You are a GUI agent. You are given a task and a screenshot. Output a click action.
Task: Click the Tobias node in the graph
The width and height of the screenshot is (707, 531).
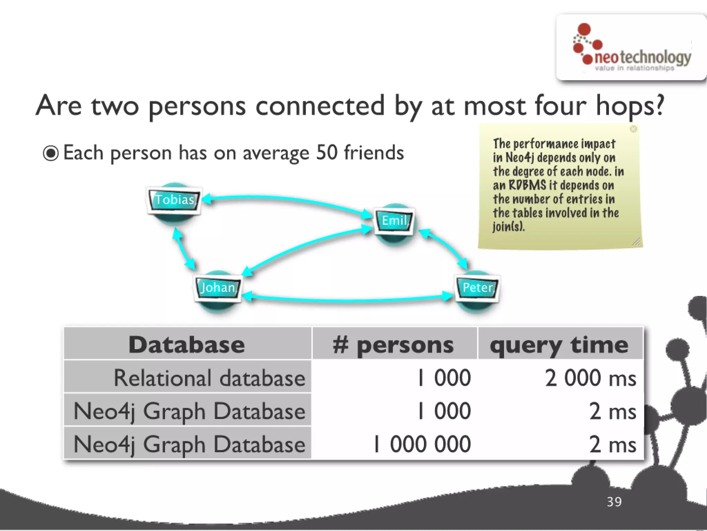click(174, 200)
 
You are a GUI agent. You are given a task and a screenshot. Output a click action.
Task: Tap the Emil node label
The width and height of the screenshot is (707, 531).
click(394, 221)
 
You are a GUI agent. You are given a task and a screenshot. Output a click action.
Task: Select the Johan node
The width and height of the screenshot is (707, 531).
click(218, 287)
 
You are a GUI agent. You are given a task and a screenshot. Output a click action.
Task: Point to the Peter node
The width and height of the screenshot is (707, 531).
click(477, 287)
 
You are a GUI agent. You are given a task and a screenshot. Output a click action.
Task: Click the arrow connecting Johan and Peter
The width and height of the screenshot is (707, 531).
click(347, 299)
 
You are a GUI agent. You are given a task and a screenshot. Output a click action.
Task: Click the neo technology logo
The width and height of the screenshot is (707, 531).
click(631, 48)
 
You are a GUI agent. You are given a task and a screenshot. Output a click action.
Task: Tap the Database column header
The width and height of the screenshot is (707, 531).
click(187, 344)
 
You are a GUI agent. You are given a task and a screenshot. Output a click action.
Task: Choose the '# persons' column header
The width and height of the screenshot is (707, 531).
click(394, 345)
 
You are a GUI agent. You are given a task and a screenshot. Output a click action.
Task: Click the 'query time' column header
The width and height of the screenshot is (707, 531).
click(559, 345)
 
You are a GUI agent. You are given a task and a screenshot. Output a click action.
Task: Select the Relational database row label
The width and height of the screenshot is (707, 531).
click(209, 378)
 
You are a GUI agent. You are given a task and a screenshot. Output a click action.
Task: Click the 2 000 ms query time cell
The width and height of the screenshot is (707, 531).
click(590, 378)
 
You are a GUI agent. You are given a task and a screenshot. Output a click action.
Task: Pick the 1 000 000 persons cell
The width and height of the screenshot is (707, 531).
click(422, 444)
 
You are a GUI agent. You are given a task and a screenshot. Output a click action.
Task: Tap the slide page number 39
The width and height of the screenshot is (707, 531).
click(614, 502)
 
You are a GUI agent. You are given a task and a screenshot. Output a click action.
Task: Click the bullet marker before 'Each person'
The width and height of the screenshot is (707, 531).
click(51, 153)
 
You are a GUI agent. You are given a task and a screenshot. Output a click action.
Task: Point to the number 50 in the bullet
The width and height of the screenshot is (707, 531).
click(327, 152)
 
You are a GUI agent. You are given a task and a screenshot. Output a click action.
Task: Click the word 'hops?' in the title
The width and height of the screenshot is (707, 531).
click(630, 106)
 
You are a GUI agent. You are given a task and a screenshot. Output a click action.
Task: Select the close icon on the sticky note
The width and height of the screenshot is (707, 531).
click(633, 129)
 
